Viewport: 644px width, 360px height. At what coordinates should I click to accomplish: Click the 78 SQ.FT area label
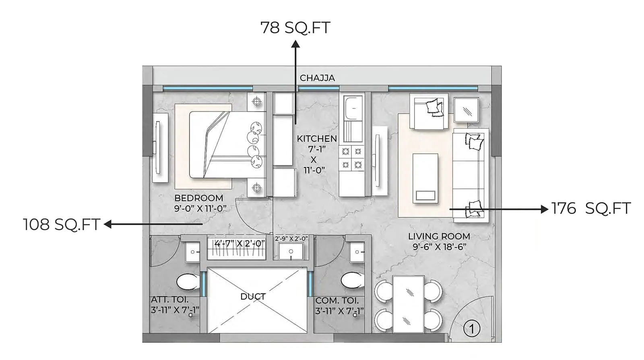click(295, 28)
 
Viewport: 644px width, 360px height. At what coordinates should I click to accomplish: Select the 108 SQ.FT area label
click(61, 225)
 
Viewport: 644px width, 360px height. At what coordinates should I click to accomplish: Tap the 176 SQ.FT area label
click(590, 209)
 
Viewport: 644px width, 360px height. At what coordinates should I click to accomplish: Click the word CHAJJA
click(317, 78)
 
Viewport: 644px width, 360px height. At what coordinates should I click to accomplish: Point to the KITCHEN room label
click(317, 139)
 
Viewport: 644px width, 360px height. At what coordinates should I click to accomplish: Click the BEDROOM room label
click(198, 198)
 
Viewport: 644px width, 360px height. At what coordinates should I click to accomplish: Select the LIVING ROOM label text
click(439, 236)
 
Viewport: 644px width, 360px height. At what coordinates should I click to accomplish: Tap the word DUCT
click(253, 297)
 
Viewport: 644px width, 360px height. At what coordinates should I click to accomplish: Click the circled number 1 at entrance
click(472, 329)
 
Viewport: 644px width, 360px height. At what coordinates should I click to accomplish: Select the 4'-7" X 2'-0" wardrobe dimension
click(239, 243)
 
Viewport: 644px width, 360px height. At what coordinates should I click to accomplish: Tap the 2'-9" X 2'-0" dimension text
click(291, 238)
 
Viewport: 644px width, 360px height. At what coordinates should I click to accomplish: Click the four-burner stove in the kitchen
click(351, 158)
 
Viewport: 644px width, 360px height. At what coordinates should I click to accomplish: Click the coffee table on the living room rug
click(425, 178)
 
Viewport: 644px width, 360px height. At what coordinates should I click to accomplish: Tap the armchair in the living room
click(429, 112)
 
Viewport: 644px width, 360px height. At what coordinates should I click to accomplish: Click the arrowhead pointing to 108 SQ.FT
click(107, 224)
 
